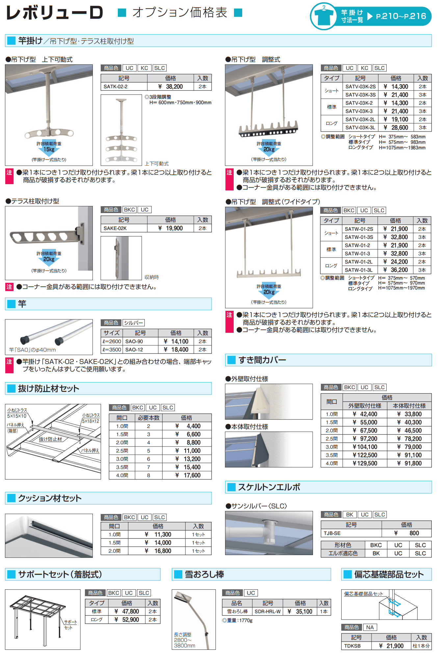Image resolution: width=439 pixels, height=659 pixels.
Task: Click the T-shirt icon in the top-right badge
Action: (x=324, y=16)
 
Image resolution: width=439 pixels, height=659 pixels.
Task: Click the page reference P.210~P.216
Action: (x=401, y=16)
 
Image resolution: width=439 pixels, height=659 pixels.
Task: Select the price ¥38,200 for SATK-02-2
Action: (x=170, y=86)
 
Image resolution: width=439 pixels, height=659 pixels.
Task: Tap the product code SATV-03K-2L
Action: (x=360, y=119)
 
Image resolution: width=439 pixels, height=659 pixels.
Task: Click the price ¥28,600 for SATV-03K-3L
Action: (x=396, y=128)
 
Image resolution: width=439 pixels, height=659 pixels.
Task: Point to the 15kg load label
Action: (x=49, y=149)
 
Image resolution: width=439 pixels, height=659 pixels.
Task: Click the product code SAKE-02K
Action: (x=115, y=228)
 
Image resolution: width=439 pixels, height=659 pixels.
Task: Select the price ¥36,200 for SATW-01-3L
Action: (x=396, y=270)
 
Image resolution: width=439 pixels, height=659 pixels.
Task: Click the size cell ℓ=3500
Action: (x=112, y=350)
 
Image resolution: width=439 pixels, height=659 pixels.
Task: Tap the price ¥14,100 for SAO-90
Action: (x=176, y=341)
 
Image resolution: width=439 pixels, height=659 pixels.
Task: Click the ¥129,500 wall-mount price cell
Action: (x=365, y=463)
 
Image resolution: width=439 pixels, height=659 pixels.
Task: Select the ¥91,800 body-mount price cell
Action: (x=409, y=463)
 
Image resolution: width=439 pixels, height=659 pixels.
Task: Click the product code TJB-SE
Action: (x=332, y=533)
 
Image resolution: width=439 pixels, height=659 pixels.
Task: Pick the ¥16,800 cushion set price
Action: (x=159, y=551)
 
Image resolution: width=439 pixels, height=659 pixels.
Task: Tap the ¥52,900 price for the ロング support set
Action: (x=127, y=620)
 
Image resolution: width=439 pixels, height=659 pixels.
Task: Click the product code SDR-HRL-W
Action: (x=268, y=611)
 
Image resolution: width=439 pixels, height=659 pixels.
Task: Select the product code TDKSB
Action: (x=352, y=646)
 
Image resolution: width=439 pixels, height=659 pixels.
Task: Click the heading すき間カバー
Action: (x=262, y=360)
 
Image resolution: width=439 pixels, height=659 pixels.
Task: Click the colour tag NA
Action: (x=370, y=627)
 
